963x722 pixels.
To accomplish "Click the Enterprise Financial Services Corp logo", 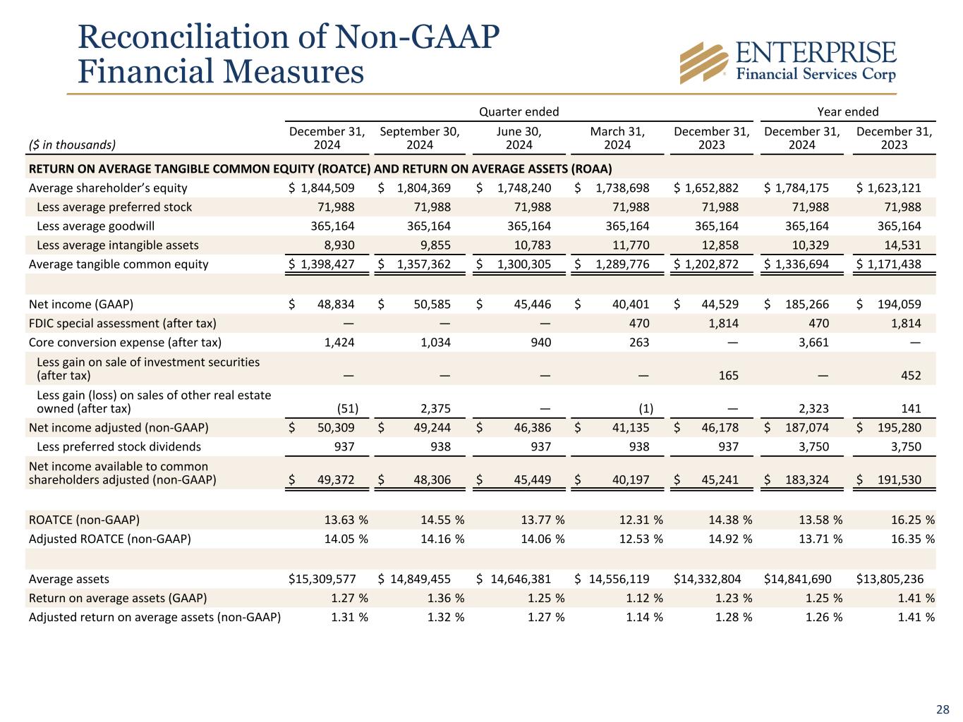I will pos(787,61).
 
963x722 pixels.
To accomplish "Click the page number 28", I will pos(943,709).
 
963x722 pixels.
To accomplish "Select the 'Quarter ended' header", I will pos(519,111).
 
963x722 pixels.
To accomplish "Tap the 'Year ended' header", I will pos(847,111).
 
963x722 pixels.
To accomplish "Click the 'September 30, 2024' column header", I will pos(419,138).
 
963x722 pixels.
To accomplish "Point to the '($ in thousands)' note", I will pos(72,145).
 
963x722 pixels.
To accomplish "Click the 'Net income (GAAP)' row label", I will pos(80,305).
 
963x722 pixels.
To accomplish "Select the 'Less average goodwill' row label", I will pos(95,226).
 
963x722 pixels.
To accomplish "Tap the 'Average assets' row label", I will pos(69,579).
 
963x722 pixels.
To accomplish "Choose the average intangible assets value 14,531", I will pos(902,245).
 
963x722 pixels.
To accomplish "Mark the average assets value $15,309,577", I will pos(322,579).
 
